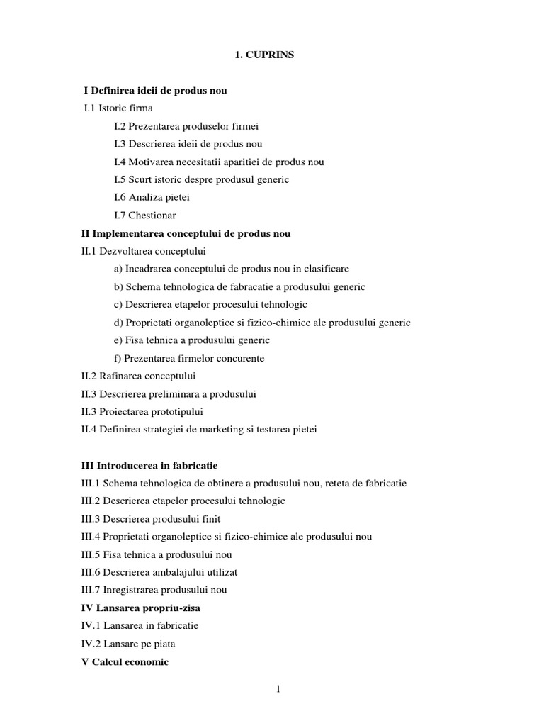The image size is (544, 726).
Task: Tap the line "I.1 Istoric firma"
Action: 118,108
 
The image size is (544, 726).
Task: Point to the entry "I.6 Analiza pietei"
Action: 152,197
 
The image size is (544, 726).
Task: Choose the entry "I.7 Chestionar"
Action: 145,215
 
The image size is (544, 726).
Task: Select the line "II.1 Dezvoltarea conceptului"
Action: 144,251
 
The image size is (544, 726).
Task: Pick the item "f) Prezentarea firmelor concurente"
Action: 189,358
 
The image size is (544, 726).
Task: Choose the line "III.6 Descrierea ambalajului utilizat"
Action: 159,572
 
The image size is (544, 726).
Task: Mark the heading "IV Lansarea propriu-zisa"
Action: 146,608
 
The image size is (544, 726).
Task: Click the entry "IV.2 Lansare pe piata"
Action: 128,644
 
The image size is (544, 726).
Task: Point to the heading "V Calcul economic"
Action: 125,661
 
